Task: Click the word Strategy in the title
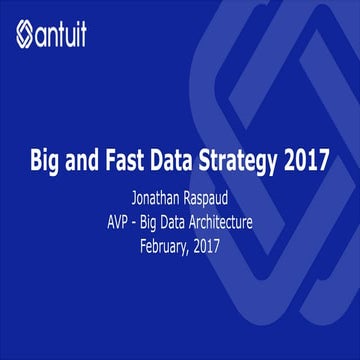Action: click(x=238, y=159)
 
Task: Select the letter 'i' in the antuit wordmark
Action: click(x=98, y=37)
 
